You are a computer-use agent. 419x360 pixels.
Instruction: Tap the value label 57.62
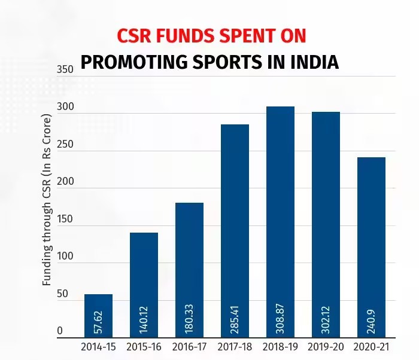99,322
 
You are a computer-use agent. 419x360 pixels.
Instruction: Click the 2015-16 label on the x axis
144,347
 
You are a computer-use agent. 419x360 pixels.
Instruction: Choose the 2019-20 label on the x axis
326,347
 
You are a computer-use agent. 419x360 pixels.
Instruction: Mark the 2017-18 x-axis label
235,347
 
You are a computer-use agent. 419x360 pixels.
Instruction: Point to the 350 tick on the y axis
65,70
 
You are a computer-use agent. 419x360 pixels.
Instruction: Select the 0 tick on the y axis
60,331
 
